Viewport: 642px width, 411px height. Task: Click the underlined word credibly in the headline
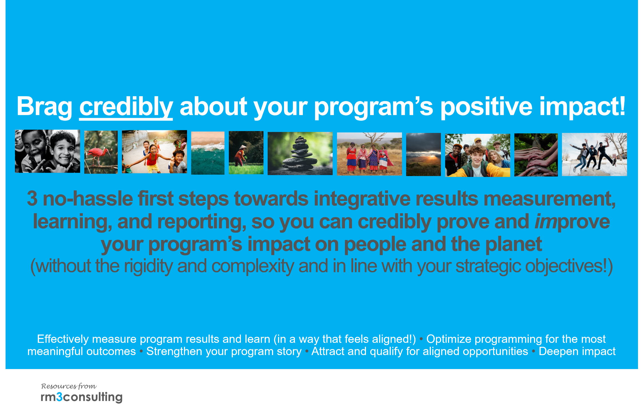pos(126,107)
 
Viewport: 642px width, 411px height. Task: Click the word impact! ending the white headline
pos(583,106)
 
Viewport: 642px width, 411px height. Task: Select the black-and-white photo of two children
pos(47,151)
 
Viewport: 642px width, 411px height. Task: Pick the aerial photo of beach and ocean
pos(208,153)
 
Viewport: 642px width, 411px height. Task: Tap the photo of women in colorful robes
pos(369,154)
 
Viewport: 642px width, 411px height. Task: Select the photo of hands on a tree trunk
pos(536,155)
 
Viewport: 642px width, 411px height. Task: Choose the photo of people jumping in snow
pos(595,154)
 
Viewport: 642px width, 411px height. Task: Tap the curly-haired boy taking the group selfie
pos(477,160)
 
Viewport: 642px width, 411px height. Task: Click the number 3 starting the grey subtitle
pos(32,199)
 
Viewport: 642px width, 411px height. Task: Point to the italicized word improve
pos(572,222)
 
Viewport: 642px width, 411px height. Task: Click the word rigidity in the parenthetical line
pos(149,266)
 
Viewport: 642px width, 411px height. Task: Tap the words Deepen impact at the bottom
pos(577,351)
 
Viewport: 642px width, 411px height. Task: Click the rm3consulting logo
pos(82,397)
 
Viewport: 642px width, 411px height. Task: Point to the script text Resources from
pos(69,386)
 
